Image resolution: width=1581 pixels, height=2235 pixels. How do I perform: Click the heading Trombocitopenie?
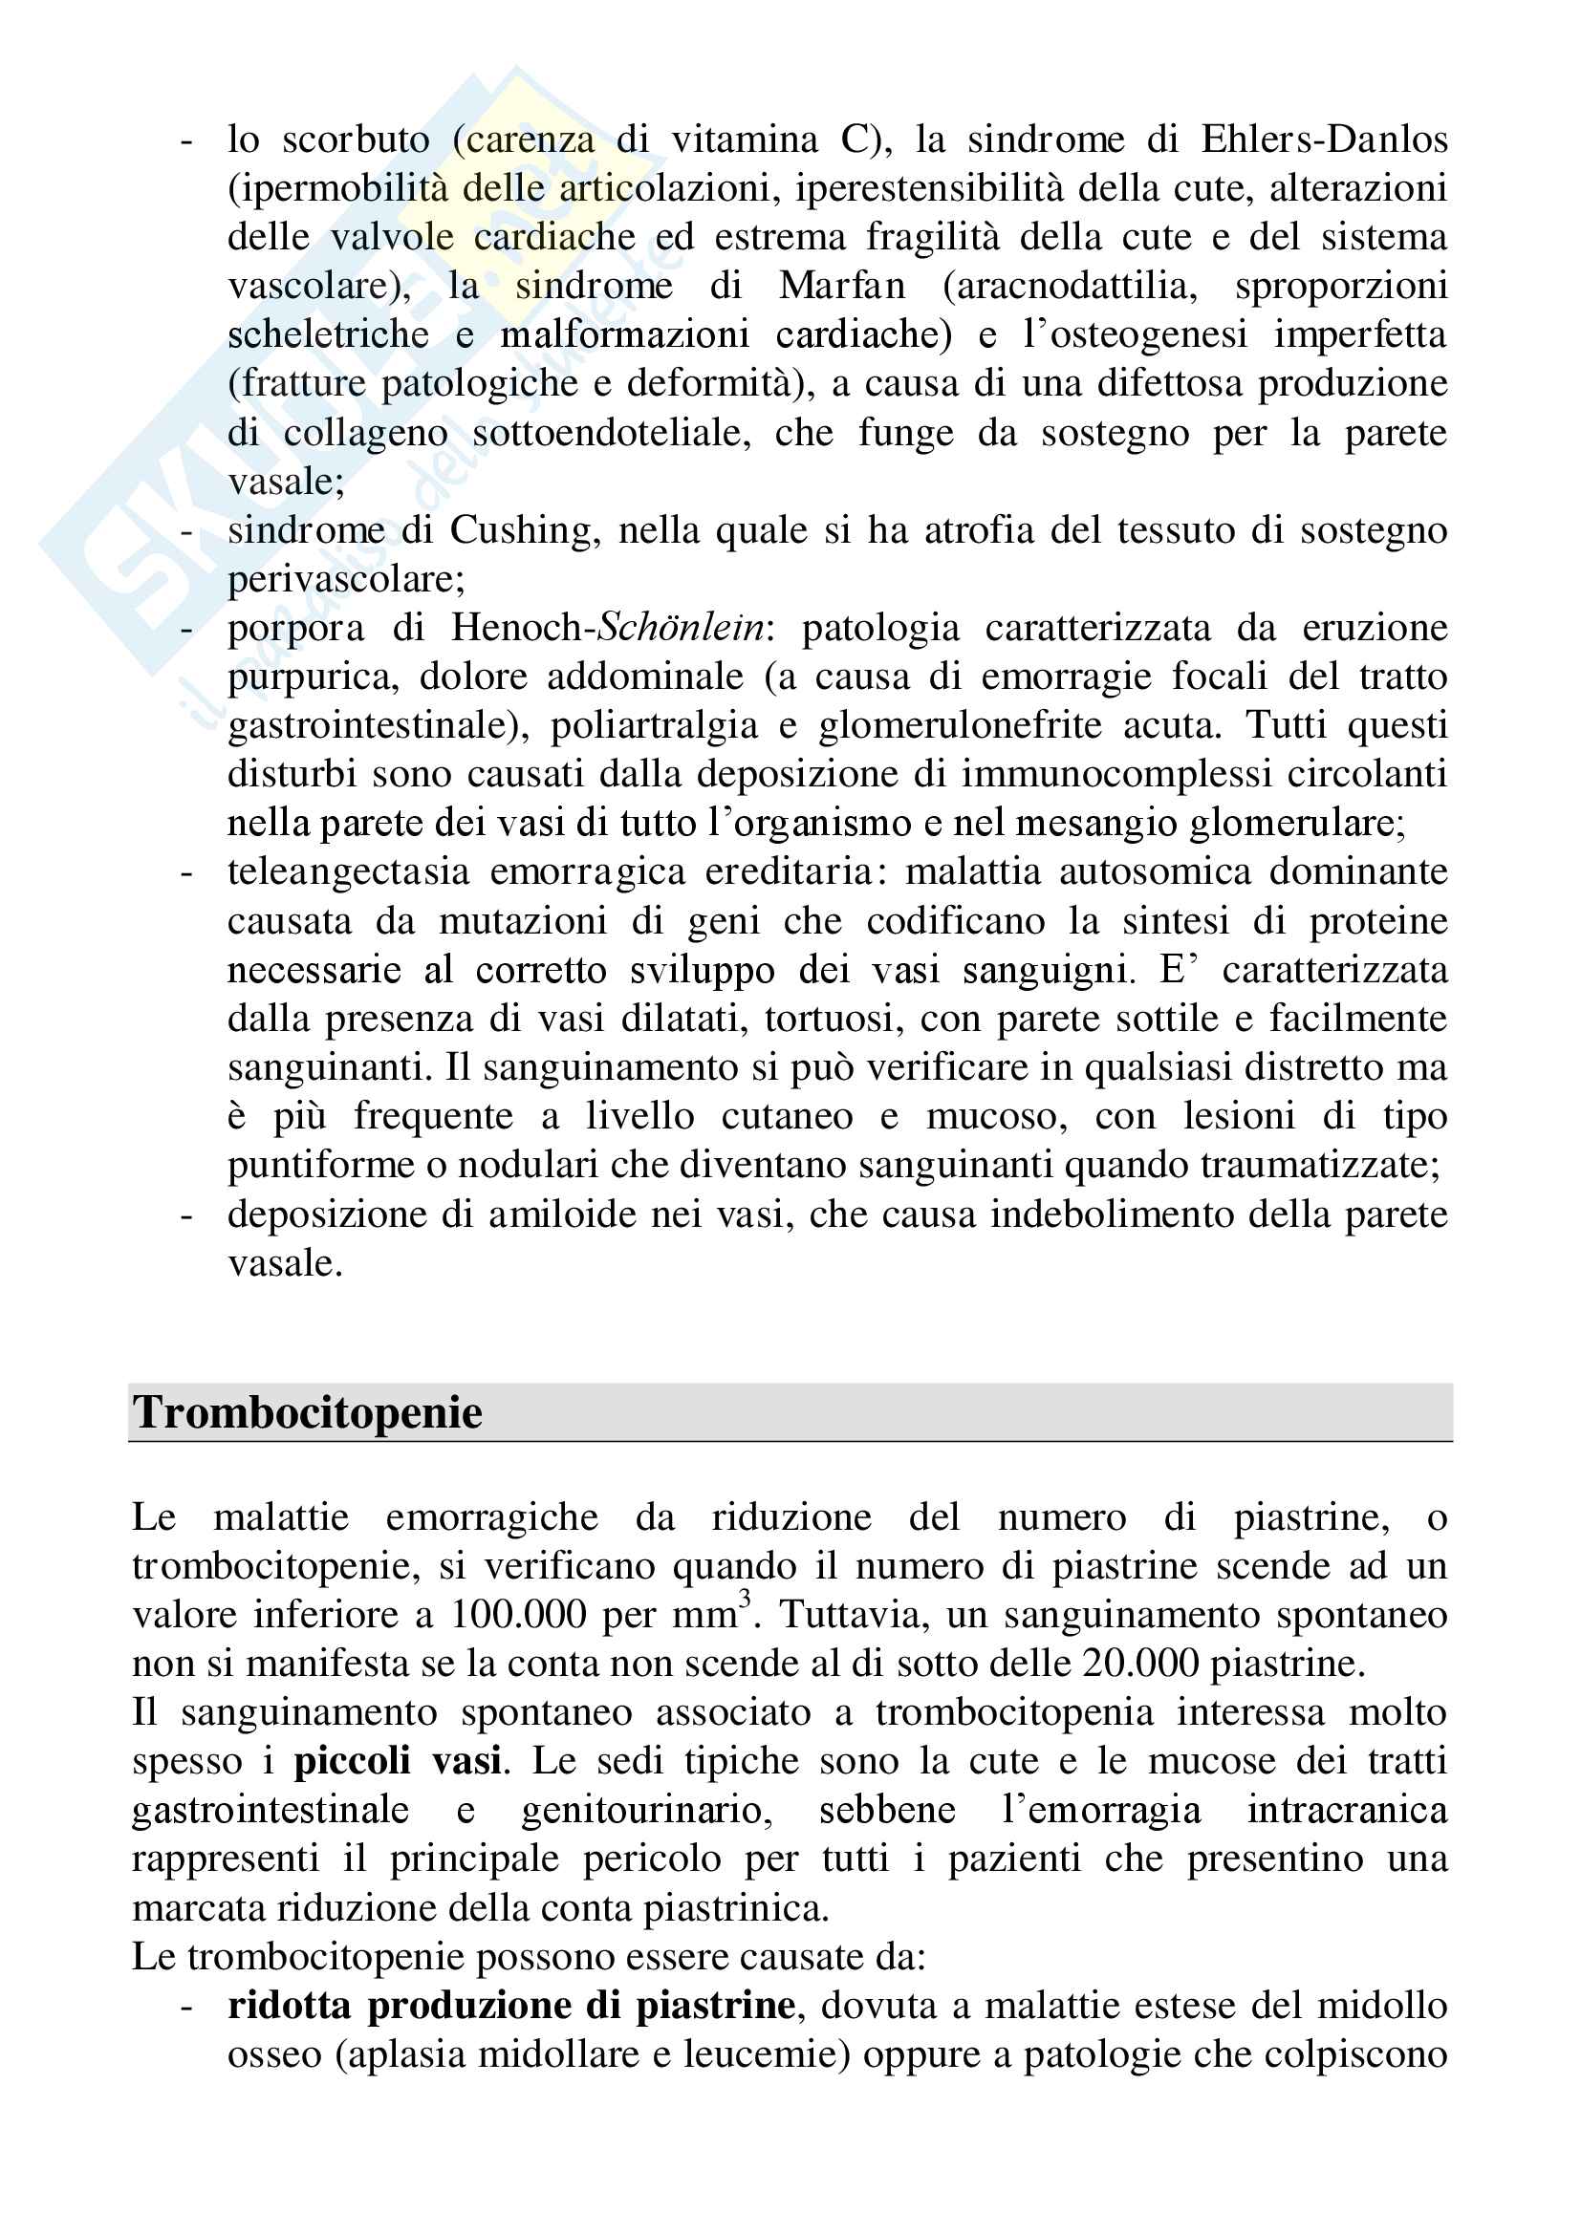point(308,1412)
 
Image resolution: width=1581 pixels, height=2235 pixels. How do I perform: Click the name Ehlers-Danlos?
point(1324,140)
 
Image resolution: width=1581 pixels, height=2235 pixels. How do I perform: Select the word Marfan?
point(842,287)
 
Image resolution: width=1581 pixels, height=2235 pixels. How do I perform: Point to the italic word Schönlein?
point(681,629)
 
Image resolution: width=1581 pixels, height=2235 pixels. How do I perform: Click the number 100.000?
point(518,1615)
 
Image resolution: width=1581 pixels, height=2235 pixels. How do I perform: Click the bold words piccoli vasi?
point(398,1761)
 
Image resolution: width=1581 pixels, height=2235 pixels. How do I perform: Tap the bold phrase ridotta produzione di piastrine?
point(511,2006)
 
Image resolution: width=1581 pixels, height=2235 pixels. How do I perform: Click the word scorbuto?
point(356,140)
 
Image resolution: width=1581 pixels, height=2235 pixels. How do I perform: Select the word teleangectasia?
point(349,872)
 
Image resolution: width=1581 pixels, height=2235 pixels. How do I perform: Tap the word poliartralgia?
point(654,726)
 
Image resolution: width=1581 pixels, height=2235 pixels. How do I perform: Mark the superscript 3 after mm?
point(745,1599)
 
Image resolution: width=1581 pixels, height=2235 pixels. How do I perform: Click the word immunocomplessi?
point(1116,775)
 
